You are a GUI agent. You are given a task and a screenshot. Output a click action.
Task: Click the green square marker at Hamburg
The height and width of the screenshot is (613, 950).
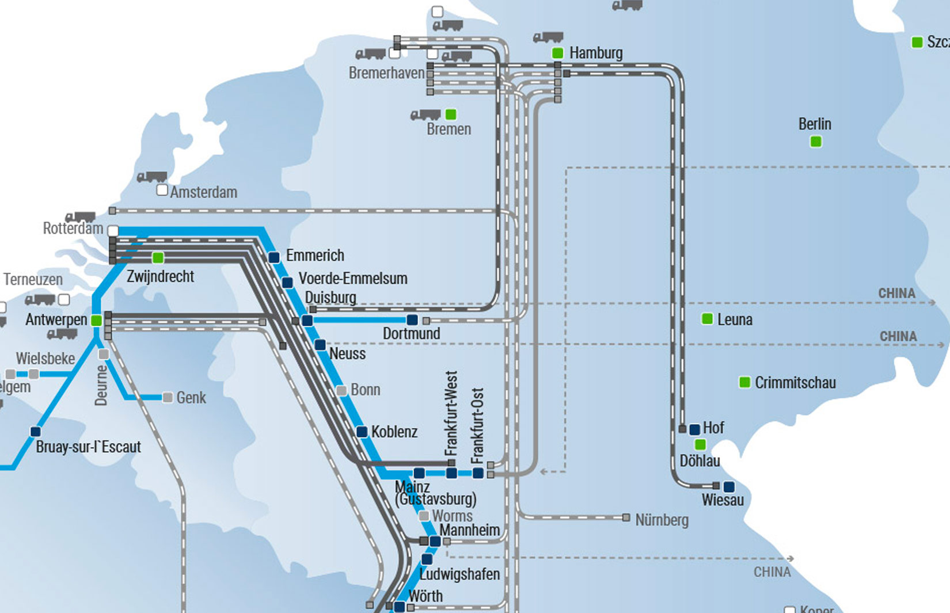(x=557, y=53)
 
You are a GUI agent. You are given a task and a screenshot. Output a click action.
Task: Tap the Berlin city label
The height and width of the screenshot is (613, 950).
(x=814, y=124)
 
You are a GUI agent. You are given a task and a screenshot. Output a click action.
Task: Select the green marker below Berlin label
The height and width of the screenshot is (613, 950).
(x=815, y=142)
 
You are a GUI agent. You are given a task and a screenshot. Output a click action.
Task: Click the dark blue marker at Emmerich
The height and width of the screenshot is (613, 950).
(x=274, y=257)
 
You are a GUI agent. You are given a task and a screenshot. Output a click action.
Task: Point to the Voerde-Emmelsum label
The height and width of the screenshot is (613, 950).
(x=352, y=279)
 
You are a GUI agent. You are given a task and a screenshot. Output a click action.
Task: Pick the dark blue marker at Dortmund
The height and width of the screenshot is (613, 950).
(x=412, y=319)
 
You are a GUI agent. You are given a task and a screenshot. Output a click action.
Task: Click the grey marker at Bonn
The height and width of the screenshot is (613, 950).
(x=341, y=391)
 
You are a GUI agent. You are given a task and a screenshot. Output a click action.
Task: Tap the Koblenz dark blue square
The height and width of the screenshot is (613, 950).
(x=362, y=432)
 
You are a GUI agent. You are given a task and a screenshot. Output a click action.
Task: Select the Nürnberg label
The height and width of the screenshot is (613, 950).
(x=662, y=520)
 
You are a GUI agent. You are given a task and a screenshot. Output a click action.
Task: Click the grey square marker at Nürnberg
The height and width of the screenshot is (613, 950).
(x=626, y=518)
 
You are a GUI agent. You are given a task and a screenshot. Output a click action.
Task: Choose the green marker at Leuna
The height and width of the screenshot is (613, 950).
(x=707, y=319)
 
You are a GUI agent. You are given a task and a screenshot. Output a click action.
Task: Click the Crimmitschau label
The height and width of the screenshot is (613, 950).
(x=795, y=383)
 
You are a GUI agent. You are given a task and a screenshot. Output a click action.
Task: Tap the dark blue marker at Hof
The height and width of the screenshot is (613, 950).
(x=694, y=429)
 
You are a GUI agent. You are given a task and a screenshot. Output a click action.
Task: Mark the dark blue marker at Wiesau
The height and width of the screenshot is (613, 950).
(x=728, y=486)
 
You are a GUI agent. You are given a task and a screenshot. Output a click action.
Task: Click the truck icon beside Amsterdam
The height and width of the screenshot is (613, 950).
(x=151, y=177)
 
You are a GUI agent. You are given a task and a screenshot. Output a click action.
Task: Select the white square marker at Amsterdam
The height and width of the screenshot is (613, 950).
(x=162, y=190)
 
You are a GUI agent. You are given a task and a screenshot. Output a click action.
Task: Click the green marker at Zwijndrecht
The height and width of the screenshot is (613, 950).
(x=158, y=257)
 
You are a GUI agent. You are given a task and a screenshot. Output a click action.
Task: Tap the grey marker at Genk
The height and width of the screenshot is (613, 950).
(x=168, y=397)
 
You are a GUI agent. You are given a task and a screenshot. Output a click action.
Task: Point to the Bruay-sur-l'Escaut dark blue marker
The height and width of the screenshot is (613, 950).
(x=36, y=432)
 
